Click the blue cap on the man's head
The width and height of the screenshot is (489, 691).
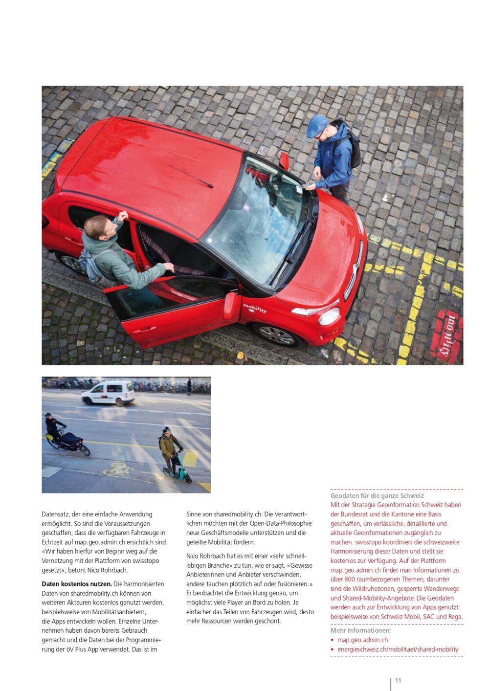(317, 126)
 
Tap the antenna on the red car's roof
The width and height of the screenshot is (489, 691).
(191, 177)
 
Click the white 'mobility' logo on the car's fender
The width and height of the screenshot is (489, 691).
(255, 309)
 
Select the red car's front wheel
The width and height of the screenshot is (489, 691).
(276, 334)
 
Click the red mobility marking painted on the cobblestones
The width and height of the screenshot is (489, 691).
(446, 337)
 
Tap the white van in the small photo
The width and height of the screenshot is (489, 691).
(108, 393)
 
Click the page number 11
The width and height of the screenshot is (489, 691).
(398, 680)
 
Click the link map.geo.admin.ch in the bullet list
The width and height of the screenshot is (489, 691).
(362, 640)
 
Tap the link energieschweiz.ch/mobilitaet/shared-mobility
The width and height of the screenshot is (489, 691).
(398, 649)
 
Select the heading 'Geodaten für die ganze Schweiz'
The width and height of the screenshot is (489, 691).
(377, 495)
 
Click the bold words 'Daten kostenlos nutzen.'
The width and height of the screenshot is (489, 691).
(77, 584)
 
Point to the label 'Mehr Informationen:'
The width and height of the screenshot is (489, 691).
(360, 630)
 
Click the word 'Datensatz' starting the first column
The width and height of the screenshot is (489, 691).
(55, 514)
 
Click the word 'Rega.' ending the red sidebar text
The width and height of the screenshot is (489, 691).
(454, 617)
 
